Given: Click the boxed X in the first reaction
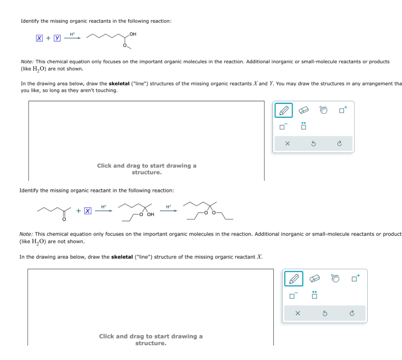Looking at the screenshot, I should point(39,38).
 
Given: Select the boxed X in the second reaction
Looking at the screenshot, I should point(87,211).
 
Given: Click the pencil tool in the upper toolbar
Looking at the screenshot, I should point(284,111).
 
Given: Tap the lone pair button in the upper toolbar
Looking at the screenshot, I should point(303,126).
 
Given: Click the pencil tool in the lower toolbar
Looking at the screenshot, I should point(295,279).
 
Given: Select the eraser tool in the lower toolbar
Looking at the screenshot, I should point(315,279).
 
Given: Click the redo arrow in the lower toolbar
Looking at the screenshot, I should point(352,313).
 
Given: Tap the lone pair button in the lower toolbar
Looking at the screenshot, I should point(314,295).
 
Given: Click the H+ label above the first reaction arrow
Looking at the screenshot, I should point(72,34).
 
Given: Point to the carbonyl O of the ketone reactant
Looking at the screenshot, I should point(64,219).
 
